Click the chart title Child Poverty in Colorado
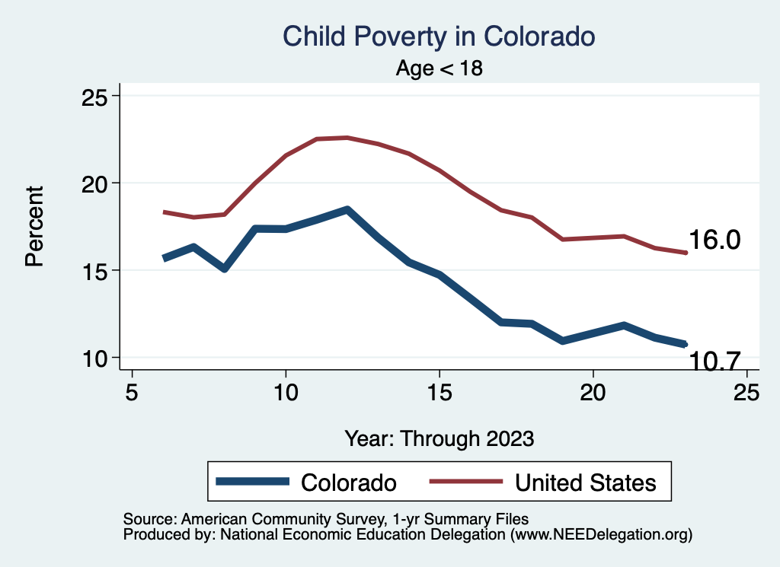(438, 36)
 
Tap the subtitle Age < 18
(440, 68)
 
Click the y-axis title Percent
(34, 225)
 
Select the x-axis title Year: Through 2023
(440, 438)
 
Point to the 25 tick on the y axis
(95, 97)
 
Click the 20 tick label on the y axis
(95, 183)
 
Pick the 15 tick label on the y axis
(95, 271)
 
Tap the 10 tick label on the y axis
(95, 358)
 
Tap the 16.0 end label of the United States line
(714, 240)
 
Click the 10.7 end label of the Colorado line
(714, 362)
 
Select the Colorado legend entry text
(349, 482)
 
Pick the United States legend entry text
(585, 482)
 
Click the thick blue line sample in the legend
(253, 482)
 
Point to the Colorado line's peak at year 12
(347, 209)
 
